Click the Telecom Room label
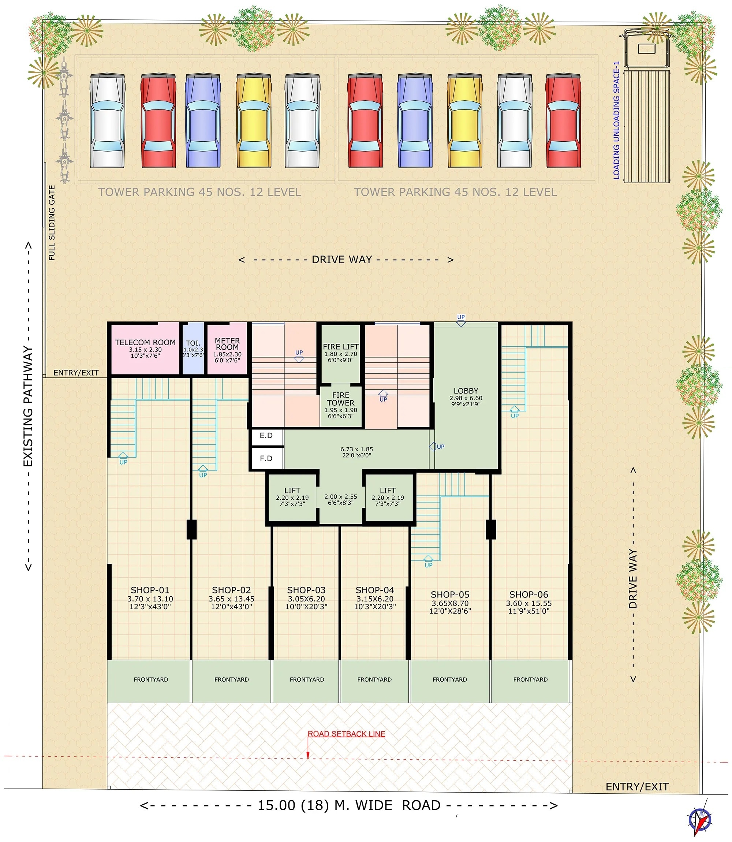click(145, 342)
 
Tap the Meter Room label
click(227, 344)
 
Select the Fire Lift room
click(340, 354)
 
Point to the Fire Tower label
click(341, 399)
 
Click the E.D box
click(266, 436)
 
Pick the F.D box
click(266, 458)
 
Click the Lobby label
click(466, 391)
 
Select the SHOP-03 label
click(306, 590)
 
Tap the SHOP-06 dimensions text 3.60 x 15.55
click(529, 603)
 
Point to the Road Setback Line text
click(346, 734)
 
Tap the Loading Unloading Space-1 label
click(616, 120)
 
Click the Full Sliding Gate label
click(52, 223)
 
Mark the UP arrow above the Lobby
click(461, 320)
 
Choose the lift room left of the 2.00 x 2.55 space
click(292, 497)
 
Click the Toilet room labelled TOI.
click(193, 349)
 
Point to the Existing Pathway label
click(28, 406)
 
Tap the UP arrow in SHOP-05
click(429, 561)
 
